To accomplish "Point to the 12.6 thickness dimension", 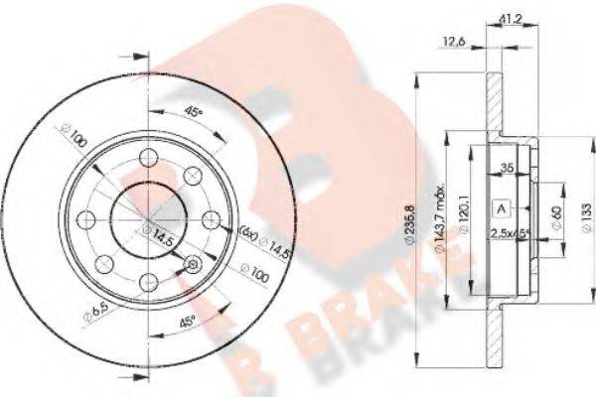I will [x=454, y=41].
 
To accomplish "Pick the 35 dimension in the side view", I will [x=508, y=170].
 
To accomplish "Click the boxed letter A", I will [x=501, y=207].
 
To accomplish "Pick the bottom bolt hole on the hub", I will [x=149, y=281].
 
